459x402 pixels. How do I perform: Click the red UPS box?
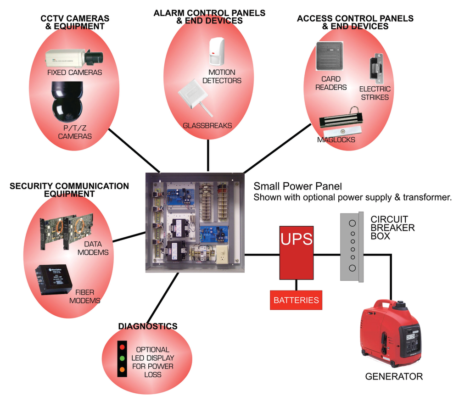click(x=297, y=252)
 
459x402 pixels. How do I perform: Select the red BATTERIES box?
click(x=296, y=300)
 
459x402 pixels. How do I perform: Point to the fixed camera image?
click(x=74, y=58)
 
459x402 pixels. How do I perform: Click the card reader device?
click(x=330, y=57)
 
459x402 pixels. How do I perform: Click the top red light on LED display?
click(x=122, y=347)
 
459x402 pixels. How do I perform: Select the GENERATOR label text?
click(x=394, y=377)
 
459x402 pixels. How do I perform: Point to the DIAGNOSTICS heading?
click(x=148, y=326)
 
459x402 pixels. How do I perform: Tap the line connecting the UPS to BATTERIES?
click(x=296, y=285)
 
